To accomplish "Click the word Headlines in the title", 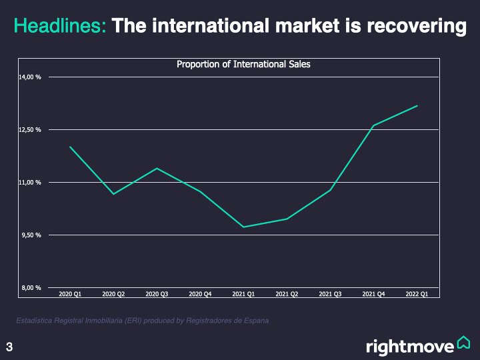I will [x=59, y=27].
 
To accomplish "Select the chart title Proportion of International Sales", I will [x=243, y=65].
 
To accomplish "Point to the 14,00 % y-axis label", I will [x=30, y=77].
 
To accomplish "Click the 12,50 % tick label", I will [x=30, y=129].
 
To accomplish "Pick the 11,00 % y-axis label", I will [x=30, y=182].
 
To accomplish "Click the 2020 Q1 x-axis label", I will [x=70, y=293].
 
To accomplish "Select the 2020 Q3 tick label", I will [x=157, y=293].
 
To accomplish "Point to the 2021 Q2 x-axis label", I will [x=287, y=293].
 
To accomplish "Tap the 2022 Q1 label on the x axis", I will [x=417, y=293].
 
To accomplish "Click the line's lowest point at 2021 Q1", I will [x=243, y=227].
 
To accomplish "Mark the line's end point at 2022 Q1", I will [x=417, y=106].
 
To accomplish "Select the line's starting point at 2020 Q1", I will [x=70, y=147].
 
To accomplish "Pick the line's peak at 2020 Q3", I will [x=157, y=168].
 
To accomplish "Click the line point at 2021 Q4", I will [x=373, y=125].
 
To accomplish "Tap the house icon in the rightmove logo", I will [x=463, y=343].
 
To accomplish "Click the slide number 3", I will [x=9, y=347].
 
